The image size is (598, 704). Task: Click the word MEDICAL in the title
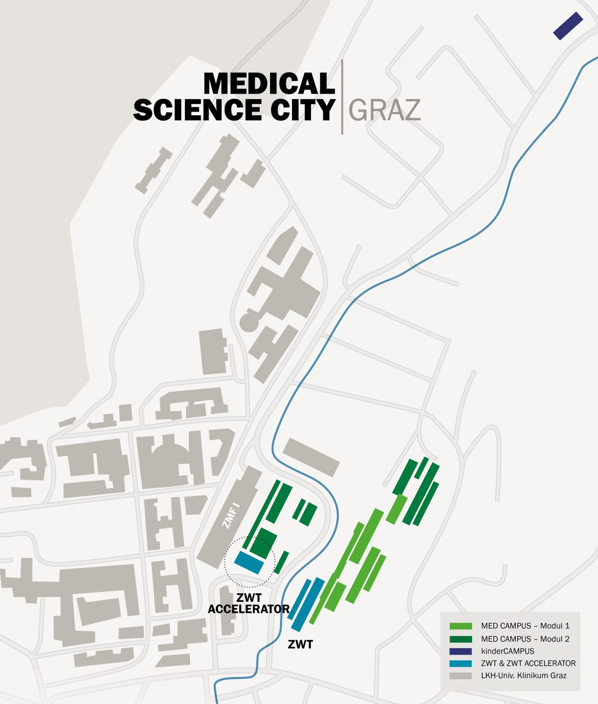pos(269,84)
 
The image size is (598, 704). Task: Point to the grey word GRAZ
pos(384,110)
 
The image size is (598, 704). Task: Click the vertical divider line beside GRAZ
pos(342,97)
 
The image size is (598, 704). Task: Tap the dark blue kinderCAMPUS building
pos(568,26)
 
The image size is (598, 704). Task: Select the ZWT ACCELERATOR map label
pos(249,603)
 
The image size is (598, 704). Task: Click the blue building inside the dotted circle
pos(249,562)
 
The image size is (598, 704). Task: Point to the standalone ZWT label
pos(300,645)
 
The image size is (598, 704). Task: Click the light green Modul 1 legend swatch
pos(460,626)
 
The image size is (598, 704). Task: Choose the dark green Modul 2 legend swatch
pos(460,639)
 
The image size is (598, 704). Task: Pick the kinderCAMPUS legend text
pos(507,651)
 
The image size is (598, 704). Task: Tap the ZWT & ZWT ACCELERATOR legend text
pos(528,664)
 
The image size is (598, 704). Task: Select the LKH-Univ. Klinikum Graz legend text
pos(524,676)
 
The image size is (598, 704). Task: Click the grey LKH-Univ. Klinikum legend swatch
pos(460,676)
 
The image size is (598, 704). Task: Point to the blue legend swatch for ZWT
pos(460,664)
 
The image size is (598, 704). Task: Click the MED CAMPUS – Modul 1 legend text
pos(525,626)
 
